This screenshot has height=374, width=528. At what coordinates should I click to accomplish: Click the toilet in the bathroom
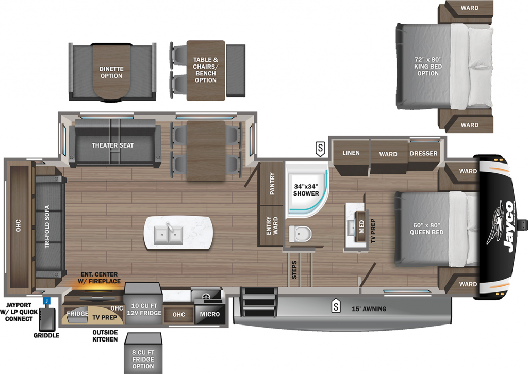tap(300, 234)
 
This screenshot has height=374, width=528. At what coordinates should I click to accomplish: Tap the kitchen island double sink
tap(169, 234)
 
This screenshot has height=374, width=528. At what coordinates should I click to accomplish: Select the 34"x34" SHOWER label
tap(306, 190)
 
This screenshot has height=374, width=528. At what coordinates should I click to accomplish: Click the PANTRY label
tap(272, 184)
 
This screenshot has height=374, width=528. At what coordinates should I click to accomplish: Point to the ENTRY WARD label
tap(272, 225)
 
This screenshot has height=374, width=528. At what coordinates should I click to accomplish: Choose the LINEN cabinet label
tap(351, 153)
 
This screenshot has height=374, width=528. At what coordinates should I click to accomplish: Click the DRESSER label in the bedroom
tap(424, 153)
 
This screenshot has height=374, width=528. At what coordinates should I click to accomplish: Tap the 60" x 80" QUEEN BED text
tap(426, 229)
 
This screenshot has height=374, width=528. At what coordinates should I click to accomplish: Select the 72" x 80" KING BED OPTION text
tap(428, 67)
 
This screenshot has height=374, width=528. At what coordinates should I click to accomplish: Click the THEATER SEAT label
tap(112, 145)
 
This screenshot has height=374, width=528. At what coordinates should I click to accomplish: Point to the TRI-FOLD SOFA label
tap(47, 227)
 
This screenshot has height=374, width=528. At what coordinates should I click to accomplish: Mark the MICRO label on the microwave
tap(209, 314)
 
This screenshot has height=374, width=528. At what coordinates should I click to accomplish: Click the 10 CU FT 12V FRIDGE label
tap(144, 310)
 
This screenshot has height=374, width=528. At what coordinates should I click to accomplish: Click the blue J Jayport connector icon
tap(47, 301)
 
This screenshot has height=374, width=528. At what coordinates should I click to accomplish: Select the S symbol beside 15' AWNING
tap(336, 306)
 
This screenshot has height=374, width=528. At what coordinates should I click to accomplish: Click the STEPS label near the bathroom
tap(294, 270)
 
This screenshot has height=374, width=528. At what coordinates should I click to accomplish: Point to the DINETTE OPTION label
tap(111, 72)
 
